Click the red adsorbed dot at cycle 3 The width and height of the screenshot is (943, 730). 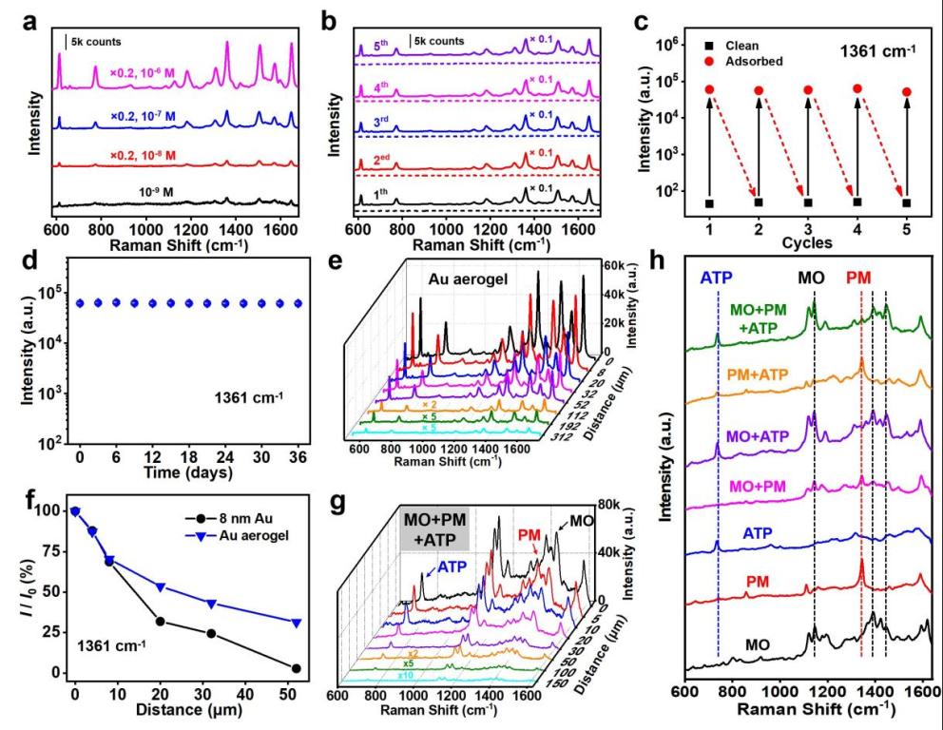[809, 90]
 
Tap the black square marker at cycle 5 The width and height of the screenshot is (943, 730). [907, 202]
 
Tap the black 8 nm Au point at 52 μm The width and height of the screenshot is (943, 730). [297, 668]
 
